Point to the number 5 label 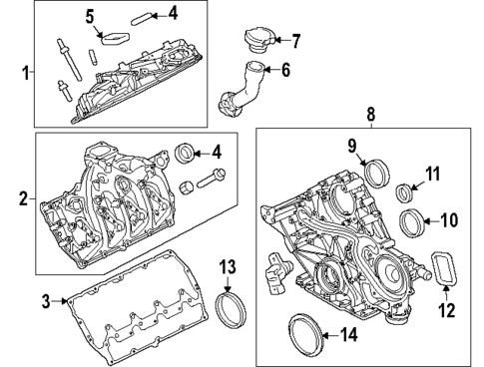(x=90, y=16)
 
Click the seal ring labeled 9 (x=379, y=172)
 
